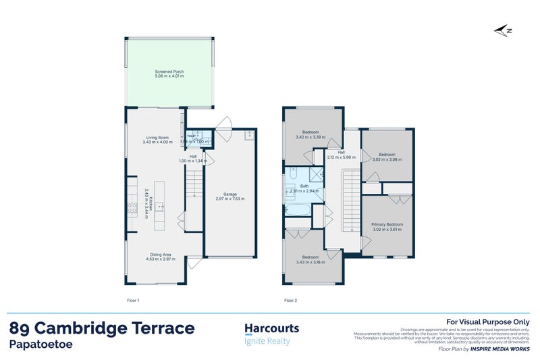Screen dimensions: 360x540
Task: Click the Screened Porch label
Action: coord(169,72)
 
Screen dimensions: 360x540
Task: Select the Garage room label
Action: coord(230,195)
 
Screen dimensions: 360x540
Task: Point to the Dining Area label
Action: coord(161,255)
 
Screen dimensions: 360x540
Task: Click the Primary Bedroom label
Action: coord(387,224)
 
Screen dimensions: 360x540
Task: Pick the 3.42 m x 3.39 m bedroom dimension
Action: coord(310,137)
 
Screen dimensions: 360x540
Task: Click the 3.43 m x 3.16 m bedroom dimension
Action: coord(310,261)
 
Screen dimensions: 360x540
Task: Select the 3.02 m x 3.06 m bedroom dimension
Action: coord(387,160)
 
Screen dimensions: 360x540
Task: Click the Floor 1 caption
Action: coord(134,299)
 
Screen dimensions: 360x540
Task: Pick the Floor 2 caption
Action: coord(290,299)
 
